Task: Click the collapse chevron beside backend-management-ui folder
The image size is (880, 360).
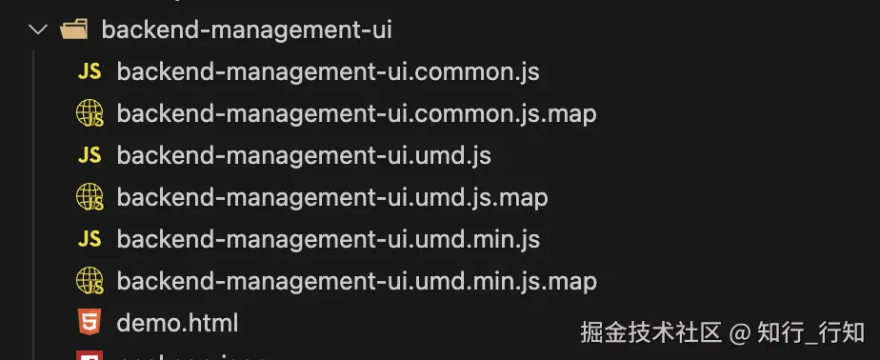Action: pos(38,30)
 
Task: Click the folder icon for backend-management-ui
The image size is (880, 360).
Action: pos(73,30)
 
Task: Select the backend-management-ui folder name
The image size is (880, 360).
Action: pos(247,30)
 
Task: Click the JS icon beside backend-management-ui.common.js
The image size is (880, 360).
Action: pos(90,71)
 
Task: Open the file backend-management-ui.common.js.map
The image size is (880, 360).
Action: pos(356,113)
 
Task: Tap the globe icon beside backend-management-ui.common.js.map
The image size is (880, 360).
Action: pos(90,114)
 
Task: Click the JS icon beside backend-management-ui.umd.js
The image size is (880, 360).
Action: pos(90,155)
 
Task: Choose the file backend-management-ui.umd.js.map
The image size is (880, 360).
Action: pos(332,197)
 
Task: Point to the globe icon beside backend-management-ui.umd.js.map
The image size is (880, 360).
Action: pos(90,198)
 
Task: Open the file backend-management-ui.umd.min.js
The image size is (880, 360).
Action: pos(329,239)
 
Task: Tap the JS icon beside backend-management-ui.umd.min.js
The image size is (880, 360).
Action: pos(90,239)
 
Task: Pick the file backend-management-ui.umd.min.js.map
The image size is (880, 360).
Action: pos(356,281)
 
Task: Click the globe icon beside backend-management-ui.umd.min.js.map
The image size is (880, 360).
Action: pos(90,282)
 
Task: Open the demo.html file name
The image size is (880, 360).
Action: pos(177,323)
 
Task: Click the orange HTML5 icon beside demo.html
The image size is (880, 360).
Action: pos(90,324)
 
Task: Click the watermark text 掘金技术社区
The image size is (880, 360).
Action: pos(651,331)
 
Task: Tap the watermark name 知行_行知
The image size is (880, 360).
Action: pos(811,331)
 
